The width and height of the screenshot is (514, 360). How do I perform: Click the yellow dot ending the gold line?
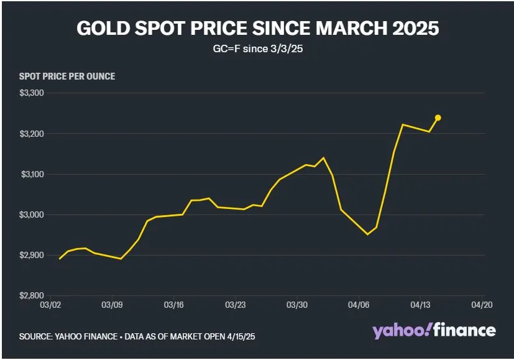tap(438, 118)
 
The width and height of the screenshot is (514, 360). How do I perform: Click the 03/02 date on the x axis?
tap(50, 306)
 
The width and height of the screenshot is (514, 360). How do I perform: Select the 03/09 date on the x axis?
tap(112, 306)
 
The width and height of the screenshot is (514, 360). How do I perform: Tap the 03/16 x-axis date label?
tap(173, 306)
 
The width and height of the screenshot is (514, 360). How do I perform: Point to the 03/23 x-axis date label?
tap(235, 306)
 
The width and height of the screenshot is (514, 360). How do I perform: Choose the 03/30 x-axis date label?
tap(297, 306)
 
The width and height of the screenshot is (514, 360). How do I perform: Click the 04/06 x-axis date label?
tap(359, 306)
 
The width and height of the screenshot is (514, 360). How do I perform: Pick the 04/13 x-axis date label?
tap(420, 306)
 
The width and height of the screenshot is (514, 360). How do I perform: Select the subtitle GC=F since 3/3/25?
tap(257, 49)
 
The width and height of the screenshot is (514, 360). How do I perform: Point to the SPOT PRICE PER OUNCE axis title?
tap(67, 76)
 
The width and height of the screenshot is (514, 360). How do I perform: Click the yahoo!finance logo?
tap(434, 330)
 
